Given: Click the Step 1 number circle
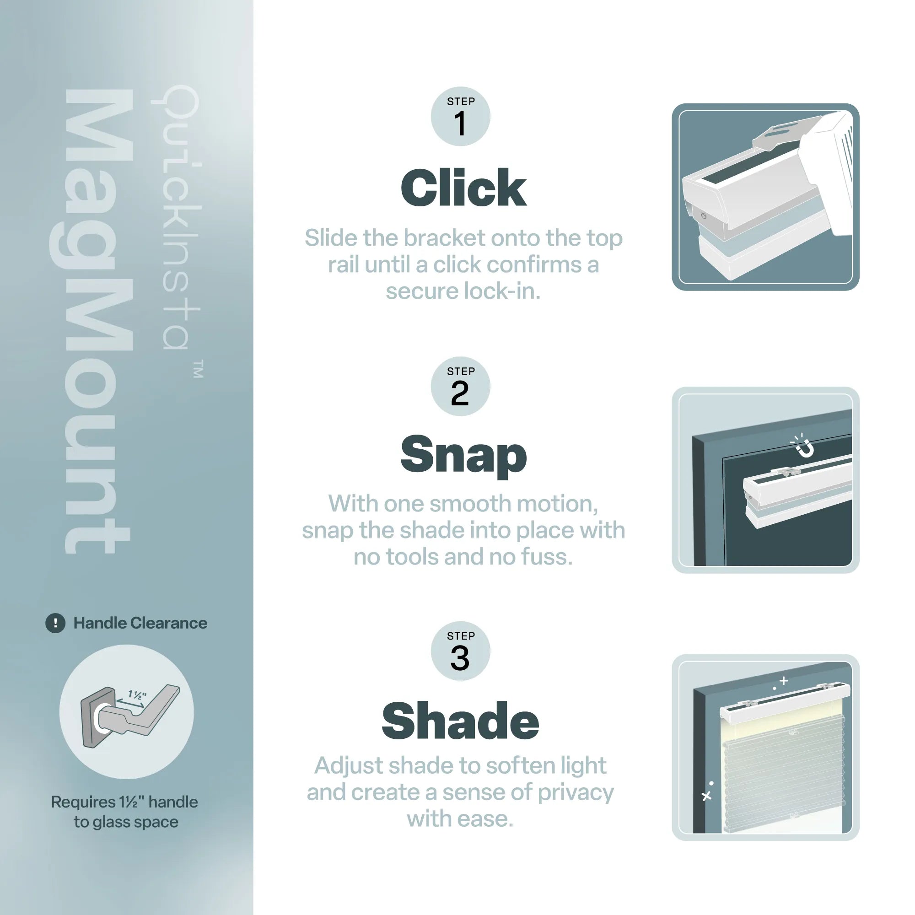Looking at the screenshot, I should (460, 117).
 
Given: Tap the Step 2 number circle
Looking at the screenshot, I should (460, 387).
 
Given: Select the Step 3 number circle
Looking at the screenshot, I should (460, 651).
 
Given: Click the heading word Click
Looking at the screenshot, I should (463, 188).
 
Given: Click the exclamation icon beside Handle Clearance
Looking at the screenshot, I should (55, 623).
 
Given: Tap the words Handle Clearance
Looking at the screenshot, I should (140, 623).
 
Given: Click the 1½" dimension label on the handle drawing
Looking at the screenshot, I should (137, 695).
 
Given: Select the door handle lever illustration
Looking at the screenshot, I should (142, 710).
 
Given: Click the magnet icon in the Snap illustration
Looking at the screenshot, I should (804, 447).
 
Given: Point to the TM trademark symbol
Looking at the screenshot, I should (199, 369).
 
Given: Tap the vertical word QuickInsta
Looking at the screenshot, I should (176, 218).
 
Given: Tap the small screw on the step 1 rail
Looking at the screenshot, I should (703, 216).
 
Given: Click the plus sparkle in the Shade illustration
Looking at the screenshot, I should (783, 681).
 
